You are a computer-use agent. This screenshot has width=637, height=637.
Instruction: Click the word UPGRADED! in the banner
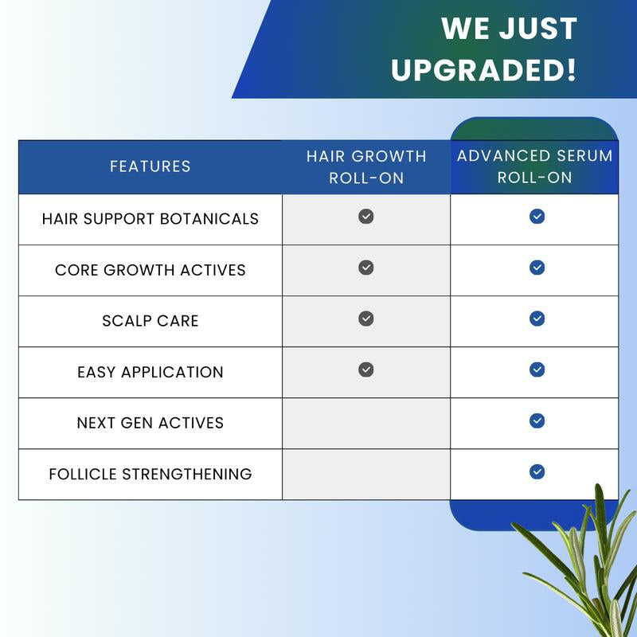tap(483, 69)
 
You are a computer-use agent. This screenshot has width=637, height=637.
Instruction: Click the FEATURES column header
tap(150, 166)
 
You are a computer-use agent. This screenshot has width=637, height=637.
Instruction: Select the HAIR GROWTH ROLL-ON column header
tap(366, 166)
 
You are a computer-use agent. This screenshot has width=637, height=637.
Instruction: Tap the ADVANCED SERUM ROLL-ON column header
tap(534, 166)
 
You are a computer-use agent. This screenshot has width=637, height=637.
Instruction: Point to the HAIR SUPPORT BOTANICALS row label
tap(150, 218)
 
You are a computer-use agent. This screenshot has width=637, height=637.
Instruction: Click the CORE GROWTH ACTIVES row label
tap(150, 270)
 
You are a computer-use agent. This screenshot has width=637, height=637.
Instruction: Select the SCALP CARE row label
tap(150, 321)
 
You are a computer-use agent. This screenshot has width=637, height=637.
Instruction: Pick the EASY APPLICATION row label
tap(150, 372)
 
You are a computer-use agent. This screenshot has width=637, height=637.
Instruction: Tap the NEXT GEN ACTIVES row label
tap(150, 423)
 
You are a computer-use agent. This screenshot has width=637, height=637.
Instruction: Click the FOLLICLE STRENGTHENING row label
tap(150, 474)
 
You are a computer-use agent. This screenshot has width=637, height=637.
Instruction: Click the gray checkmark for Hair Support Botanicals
tap(366, 217)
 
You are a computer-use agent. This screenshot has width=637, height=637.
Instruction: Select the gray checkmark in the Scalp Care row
tap(366, 318)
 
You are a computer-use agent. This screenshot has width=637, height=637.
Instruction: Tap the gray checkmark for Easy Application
tap(366, 369)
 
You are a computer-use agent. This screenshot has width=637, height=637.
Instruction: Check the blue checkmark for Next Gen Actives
tap(537, 420)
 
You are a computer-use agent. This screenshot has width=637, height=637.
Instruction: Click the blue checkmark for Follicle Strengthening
tap(537, 471)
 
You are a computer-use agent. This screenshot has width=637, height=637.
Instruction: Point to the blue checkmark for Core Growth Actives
tap(537, 268)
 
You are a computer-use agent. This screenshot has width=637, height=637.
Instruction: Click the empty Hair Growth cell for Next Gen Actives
tap(366, 423)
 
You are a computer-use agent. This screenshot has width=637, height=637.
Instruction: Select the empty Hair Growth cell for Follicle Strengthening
tap(366, 474)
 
